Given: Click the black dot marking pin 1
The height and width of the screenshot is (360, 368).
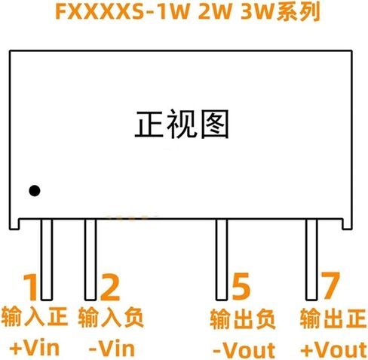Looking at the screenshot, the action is [x=35, y=191].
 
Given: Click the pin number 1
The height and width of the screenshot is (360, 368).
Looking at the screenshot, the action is [x=31, y=287].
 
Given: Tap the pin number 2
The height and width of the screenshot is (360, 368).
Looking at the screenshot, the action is [x=110, y=288].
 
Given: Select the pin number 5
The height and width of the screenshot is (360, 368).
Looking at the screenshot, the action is [x=241, y=287].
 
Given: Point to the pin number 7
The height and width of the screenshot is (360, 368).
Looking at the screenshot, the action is [x=330, y=286].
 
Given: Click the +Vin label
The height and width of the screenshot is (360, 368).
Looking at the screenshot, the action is [x=35, y=348].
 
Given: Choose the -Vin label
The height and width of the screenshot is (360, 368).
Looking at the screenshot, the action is [x=112, y=349].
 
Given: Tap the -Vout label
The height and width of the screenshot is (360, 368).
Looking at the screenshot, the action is [x=244, y=350].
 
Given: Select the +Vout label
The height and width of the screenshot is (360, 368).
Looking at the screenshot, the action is [x=334, y=349].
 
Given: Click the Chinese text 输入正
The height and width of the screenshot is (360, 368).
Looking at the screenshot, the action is [x=35, y=316].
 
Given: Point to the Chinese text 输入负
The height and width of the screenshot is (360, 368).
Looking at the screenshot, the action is [x=111, y=317].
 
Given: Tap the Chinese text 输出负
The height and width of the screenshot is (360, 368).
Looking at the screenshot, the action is [x=243, y=319].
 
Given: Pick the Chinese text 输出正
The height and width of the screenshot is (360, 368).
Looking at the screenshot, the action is [x=333, y=318].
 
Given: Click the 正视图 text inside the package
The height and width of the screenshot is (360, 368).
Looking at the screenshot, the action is [x=182, y=125].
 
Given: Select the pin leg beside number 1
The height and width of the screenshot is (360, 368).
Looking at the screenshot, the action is [x=47, y=260].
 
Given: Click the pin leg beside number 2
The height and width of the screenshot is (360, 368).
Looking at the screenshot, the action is [x=90, y=260].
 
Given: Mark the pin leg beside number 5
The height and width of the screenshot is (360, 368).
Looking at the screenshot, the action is [x=222, y=260].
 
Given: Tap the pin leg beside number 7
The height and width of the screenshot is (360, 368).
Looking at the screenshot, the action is [x=311, y=260].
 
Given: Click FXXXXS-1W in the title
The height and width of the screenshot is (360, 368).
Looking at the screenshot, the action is [x=122, y=11].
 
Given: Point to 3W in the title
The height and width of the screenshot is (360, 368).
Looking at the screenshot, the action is [x=256, y=11].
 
